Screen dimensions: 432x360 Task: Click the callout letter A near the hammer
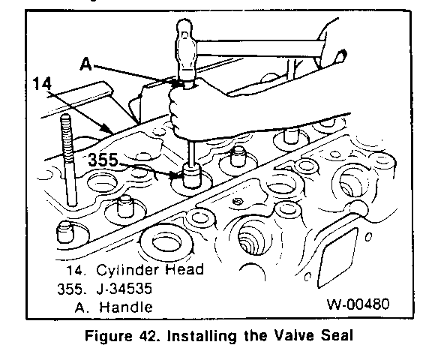tap(85, 64)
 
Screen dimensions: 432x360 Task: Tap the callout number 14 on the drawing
tap(42, 83)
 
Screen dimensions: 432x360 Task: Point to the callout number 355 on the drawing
tap(103, 160)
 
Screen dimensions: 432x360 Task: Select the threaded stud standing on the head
tap(69, 160)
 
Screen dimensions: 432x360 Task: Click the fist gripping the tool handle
tap(184, 110)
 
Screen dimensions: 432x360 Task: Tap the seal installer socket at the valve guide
tap(192, 175)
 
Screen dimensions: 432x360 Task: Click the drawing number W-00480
tap(358, 304)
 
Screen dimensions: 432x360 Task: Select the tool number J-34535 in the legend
tap(124, 289)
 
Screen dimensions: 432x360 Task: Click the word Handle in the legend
tap(126, 307)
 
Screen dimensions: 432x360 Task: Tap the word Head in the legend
tap(184, 269)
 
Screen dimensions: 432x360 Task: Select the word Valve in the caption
tap(293, 336)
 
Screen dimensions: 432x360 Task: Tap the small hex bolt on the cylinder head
tap(236, 202)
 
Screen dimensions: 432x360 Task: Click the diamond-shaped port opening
tap(337, 257)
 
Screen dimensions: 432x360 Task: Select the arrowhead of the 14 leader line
tap(109, 130)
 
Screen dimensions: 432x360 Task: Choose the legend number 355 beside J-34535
tap(70, 289)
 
